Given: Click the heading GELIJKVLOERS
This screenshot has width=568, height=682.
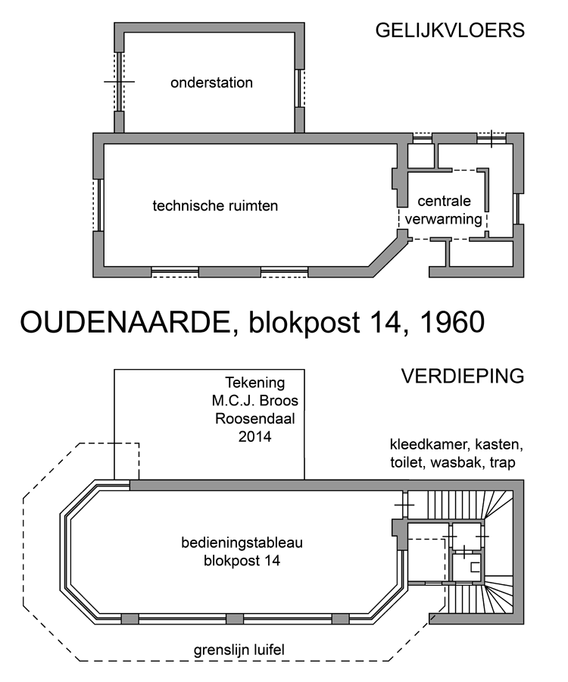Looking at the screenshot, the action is [450, 30].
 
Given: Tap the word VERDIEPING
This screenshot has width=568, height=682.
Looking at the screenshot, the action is [463, 376].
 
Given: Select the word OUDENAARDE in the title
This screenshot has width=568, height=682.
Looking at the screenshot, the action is [125, 322].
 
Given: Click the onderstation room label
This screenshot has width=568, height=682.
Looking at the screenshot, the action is [211, 83].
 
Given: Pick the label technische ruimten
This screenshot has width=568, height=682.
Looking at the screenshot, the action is [215, 205].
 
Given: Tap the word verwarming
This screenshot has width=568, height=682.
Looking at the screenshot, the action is [444, 219].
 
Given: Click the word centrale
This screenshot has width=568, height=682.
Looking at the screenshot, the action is [444, 201].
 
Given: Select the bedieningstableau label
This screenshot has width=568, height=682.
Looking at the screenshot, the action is [242, 543].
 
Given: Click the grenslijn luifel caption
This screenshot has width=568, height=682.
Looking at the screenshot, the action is [239, 650].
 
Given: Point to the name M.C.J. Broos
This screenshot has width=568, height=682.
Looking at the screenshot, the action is [255, 401].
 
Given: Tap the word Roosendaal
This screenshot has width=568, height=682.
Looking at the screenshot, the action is [255, 418].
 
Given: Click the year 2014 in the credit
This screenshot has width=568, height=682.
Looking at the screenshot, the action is [255, 436].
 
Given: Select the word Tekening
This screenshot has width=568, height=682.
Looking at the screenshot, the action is [255, 383].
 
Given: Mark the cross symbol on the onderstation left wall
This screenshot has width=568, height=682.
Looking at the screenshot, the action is [119, 81].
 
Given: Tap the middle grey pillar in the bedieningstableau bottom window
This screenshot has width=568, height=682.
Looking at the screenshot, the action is [235, 619].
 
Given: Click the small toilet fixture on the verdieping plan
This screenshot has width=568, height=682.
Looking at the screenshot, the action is [476, 567].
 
